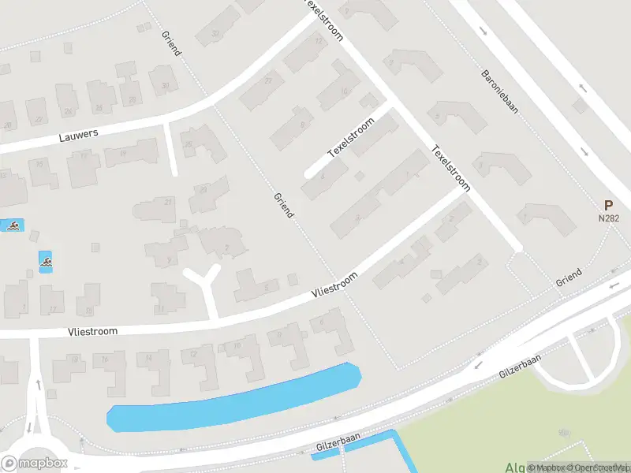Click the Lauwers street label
click(79, 136)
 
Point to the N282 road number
click(607, 218)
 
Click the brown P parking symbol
click(608, 204)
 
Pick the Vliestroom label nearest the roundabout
click(93, 332)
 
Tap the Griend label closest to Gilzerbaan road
click(568, 277)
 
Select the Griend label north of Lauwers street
click(171, 44)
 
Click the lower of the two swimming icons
click(47, 261)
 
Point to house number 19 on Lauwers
click(124, 153)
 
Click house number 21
click(167, 203)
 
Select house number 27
click(269, 81)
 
